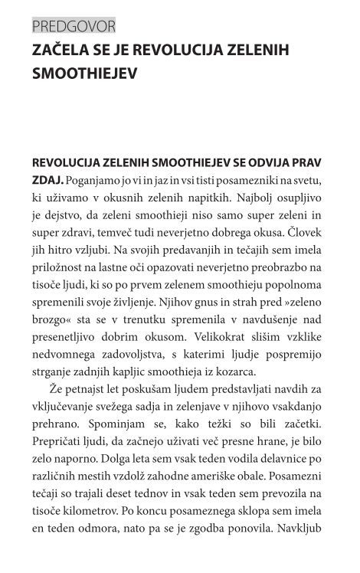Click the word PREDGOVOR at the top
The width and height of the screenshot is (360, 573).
click(74, 27)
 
